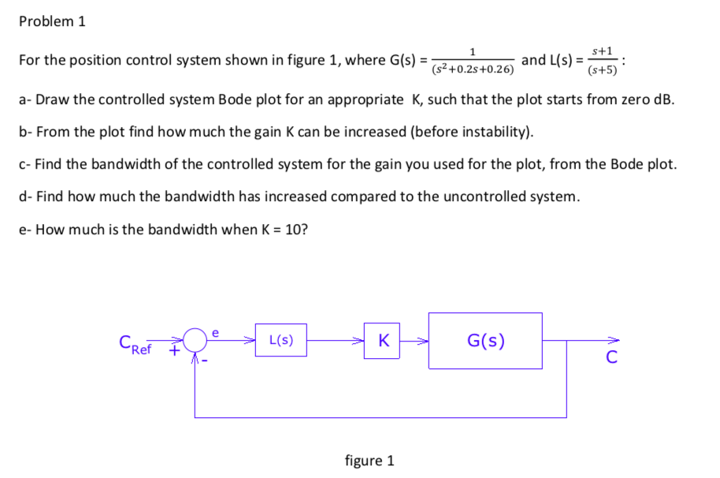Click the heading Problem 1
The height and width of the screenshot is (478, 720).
51,21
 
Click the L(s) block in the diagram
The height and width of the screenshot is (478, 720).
281,341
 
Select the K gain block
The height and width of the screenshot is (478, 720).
382,341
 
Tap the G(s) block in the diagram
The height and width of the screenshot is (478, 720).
485,341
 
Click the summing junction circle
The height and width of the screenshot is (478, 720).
195,342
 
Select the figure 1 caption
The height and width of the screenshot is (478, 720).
369,460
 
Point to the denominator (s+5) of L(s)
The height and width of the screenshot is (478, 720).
603,69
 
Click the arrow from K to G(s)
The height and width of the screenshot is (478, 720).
414,342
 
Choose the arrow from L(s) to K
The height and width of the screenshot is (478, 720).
335,342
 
